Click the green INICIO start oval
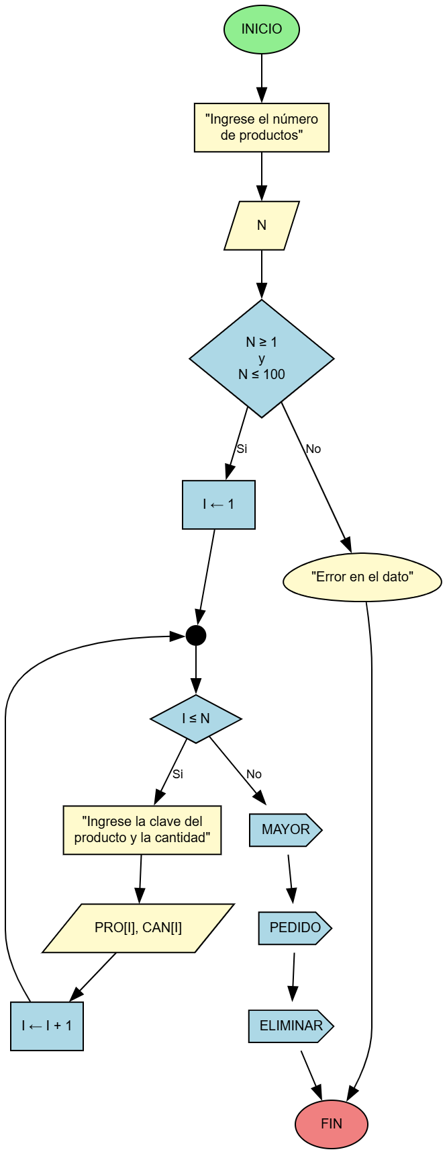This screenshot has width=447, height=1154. click(262, 29)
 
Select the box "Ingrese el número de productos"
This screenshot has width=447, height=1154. click(262, 128)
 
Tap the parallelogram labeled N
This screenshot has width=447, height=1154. click(262, 226)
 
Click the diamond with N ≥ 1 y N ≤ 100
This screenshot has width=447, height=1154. click(262, 358)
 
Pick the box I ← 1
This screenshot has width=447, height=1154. click(219, 505)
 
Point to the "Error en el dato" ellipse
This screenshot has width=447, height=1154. click(362, 577)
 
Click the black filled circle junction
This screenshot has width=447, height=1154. click(196, 635)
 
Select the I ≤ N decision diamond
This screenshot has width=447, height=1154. click(196, 718)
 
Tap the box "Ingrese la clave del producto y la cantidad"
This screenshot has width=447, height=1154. click(142, 830)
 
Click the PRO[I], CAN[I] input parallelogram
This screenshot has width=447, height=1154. click(138, 928)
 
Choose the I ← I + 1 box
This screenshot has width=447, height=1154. click(47, 1026)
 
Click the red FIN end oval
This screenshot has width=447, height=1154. click(332, 1124)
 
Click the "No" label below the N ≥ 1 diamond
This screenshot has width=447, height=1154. click(313, 449)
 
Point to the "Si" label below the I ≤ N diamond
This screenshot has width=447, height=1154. click(177, 774)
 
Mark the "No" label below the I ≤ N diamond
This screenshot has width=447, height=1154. click(254, 774)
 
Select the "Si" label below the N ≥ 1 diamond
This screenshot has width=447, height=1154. click(242, 449)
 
